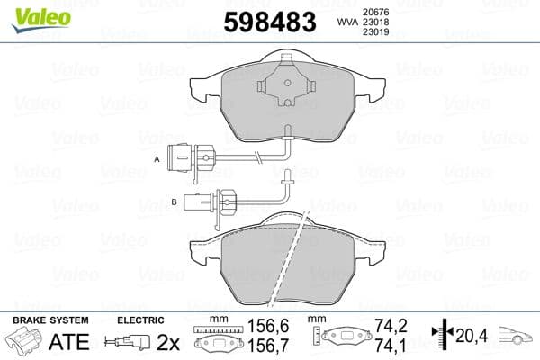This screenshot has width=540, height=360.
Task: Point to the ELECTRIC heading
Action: (140, 320)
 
